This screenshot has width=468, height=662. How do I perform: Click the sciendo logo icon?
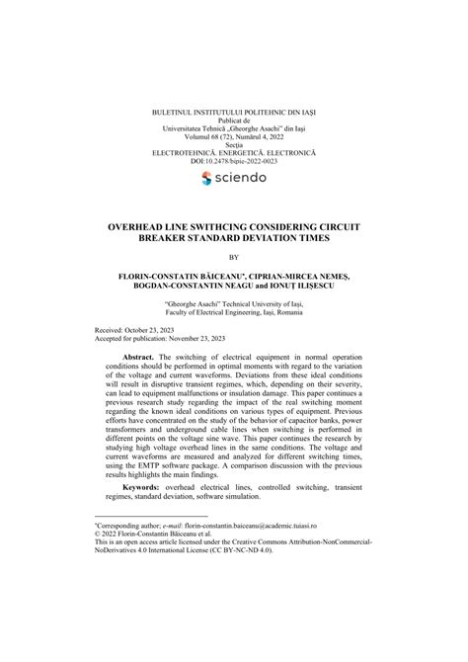click(205, 178)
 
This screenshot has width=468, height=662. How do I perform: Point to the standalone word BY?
click(233, 258)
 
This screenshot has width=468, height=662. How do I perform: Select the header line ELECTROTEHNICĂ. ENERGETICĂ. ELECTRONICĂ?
click(233, 151)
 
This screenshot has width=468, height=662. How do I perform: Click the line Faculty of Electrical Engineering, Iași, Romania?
click(233, 309)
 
